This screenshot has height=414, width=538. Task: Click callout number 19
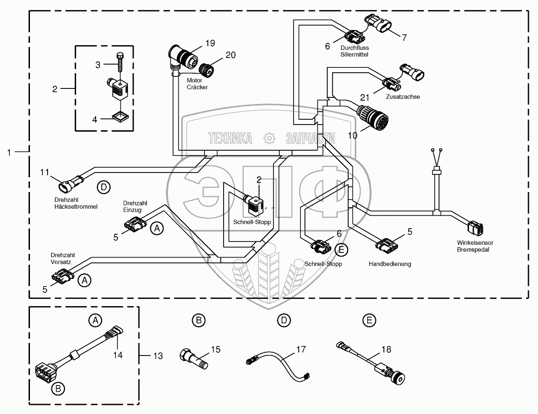210,43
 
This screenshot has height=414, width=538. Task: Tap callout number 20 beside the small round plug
230,55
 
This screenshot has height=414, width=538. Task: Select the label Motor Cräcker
197,84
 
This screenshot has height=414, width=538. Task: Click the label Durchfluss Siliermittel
354,51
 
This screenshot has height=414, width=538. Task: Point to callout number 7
404,38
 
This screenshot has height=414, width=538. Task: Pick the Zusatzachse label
403,96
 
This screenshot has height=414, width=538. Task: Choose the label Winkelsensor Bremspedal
473,246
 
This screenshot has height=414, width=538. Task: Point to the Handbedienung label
390,263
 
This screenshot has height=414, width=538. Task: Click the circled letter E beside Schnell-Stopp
341,249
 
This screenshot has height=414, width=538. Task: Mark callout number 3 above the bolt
98,64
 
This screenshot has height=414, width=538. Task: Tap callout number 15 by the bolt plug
215,349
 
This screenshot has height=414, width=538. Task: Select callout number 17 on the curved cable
301,349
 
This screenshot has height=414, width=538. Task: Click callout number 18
386,349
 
